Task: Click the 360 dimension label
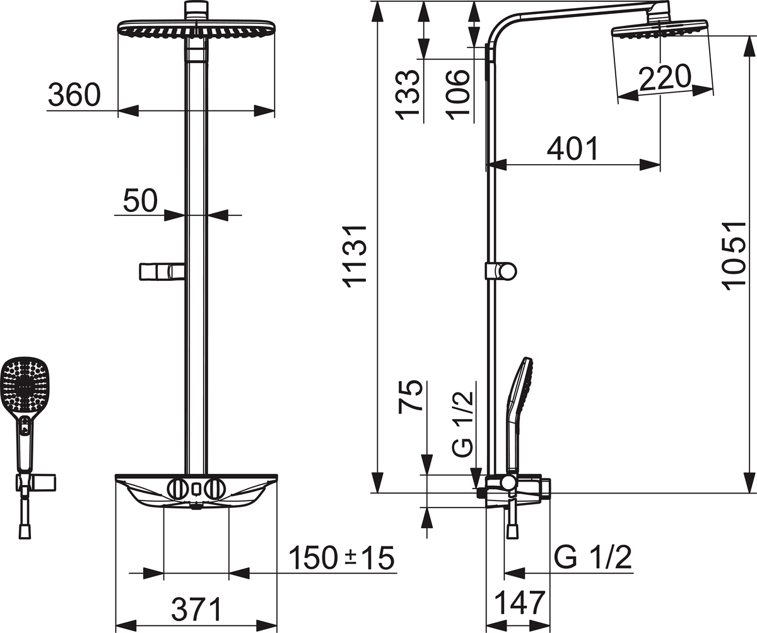click(74, 95)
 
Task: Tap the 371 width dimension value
click(197, 610)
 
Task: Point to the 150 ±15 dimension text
click(341, 558)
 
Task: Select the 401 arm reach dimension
click(572, 149)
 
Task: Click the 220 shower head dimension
click(664, 78)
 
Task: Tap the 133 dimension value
click(408, 94)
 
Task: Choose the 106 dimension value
click(458, 94)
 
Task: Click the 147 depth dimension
click(518, 603)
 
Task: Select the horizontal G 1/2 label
click(593, 558)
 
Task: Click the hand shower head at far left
click(23, 385)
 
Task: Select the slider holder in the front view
click(161, 271)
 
